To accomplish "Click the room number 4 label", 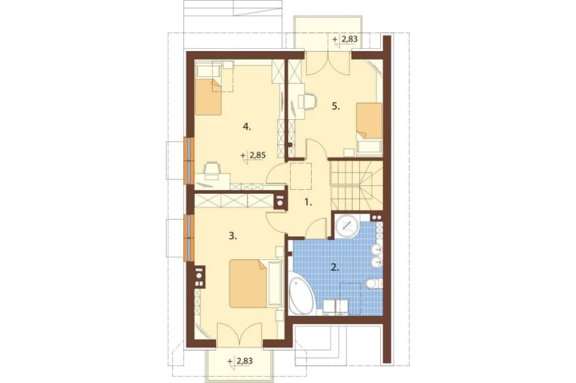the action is click(x=247, y=127).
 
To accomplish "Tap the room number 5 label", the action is click(x=336, y=106).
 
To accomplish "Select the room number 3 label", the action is click(x=233, y=236).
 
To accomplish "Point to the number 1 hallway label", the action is click(x=309, y=202).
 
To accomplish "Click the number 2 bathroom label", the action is click(x=335, y=267).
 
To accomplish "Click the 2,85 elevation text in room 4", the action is click(x=257, y=155).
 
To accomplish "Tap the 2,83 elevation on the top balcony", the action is click(x=350, y=39).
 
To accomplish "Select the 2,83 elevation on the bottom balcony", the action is click(x=245, y=361).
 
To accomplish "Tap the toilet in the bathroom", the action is click(x=375, y=283).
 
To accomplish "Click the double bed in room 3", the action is click(x=249, y=284).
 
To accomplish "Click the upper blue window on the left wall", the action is click(x=189, y=160).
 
